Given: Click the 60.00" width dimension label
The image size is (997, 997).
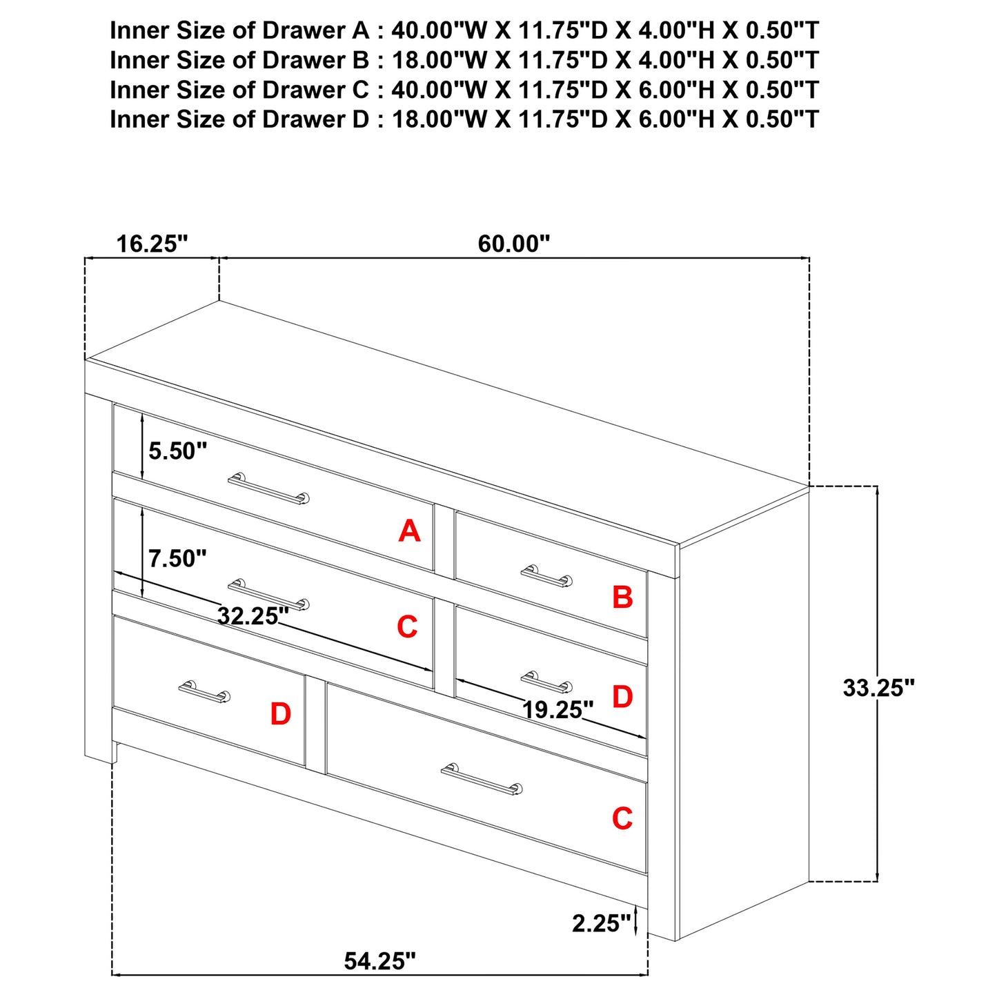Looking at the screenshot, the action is pos(513,243).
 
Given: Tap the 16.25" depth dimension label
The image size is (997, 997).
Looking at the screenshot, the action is pos(152,243).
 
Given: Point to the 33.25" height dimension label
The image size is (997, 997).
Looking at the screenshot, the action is pos(879,688).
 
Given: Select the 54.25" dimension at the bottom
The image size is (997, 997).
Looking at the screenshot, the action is pos(379,961).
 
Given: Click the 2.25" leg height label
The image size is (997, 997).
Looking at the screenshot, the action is pos(602,923).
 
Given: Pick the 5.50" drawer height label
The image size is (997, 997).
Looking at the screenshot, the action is pos(177,451).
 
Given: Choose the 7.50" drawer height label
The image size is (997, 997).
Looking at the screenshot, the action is pos(177,558).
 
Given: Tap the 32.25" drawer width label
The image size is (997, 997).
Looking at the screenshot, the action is pos(253,615).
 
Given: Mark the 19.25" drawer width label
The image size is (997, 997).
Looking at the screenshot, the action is pos(557,710).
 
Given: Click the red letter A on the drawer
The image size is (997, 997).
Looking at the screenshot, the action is pos(409,531).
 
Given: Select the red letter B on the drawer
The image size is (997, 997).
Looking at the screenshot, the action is pos(622,597).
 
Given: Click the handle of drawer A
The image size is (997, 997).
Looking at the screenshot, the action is pos(268,488).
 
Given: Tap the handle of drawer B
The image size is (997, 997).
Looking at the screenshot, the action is pos(547,575).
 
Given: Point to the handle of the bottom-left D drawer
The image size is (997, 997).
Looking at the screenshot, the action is pos(204,692).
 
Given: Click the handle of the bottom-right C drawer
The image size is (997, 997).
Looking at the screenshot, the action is pos(482,779).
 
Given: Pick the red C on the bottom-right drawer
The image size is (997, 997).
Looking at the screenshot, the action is pos(622,818).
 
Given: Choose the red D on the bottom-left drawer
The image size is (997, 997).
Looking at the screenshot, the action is pos(280,714).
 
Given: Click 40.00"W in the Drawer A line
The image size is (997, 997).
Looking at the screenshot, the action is pos(440,30).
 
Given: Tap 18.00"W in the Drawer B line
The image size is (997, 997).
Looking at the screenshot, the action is pos(440,60).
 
